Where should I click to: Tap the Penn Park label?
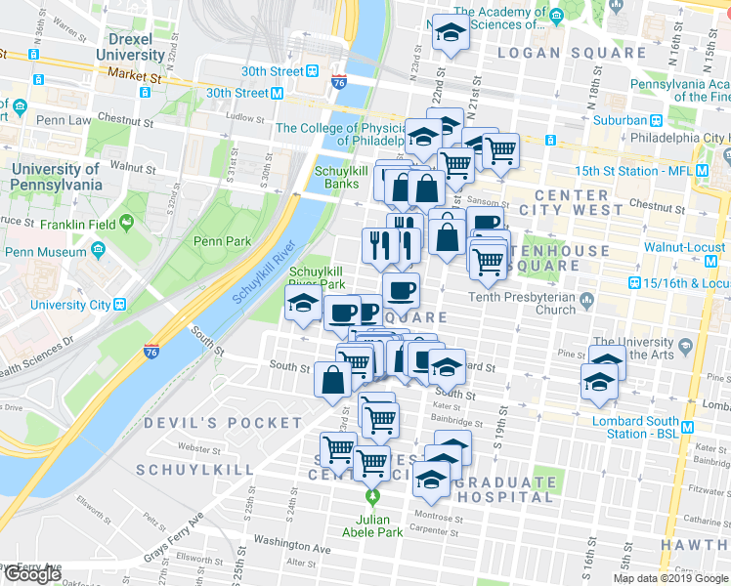(222, 241)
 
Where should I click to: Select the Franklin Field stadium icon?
(126, 226)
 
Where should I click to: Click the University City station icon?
(120, 304)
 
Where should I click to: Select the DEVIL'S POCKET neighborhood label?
(224, 423)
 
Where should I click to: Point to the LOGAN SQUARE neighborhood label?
(572, 53)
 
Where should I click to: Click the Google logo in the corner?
(32, 574)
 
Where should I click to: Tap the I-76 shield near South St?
(151, 351)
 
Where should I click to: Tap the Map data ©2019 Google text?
(670, 578)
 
